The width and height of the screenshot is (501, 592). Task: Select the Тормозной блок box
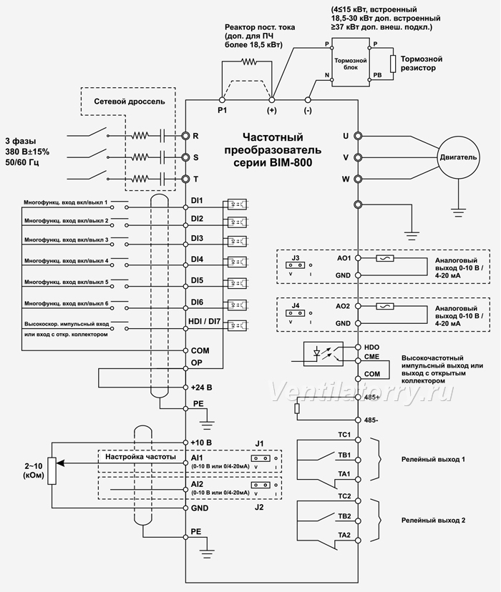pos(350,62)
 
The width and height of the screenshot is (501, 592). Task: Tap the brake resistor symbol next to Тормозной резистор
pos(394,64)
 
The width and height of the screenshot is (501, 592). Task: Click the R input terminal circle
pos(185,136)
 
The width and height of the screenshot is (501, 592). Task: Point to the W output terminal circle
pos(357,179)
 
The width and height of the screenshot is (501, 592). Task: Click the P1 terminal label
pos(222,110)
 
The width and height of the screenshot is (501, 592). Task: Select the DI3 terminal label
pos(197,238)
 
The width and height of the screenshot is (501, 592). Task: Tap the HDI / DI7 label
pos(205,322)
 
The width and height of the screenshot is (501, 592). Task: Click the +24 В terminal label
pos(201,388)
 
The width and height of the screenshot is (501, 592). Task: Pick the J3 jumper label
pos(296,258)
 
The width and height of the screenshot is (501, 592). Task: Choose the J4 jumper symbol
pos(295,313)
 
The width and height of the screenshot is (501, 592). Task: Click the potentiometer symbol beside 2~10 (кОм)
pos(52,470)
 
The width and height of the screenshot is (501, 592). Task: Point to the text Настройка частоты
pos(140,457)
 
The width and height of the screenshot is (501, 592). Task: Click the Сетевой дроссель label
pos(130,102)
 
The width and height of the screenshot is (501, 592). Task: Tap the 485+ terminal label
pos(371,398)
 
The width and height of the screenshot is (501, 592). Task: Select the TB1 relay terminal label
pos(344,455)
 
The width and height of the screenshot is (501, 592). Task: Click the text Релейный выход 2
pos(433,521)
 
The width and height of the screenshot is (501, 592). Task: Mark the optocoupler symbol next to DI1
pos(238,204)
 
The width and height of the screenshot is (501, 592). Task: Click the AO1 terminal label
pos(344,258)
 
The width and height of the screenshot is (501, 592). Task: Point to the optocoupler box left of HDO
pos(324,354)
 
